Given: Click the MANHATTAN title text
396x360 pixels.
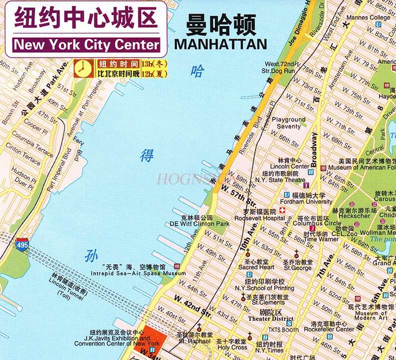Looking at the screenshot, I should click(221, 44).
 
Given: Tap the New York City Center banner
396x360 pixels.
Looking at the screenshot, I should click(87, 44).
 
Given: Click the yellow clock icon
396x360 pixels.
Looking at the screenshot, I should click(83, 68).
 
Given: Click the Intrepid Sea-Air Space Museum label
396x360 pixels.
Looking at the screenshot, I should click(138, 273).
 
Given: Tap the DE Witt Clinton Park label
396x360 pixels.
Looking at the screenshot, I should click(199, 224).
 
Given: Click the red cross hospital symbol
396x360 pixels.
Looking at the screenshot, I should click(282, 210).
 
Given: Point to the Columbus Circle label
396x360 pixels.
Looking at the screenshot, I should click(317, 224).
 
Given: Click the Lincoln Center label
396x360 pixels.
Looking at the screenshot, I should click(290, 166).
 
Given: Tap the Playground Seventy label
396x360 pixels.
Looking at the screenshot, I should click(288, 123).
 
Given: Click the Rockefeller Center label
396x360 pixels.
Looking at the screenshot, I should click(329, 329).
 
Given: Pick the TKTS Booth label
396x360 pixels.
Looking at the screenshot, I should click(283, 330).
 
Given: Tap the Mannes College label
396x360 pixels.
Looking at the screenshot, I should click(368, 18).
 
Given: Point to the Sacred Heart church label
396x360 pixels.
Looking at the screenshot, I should click(256, 267).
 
